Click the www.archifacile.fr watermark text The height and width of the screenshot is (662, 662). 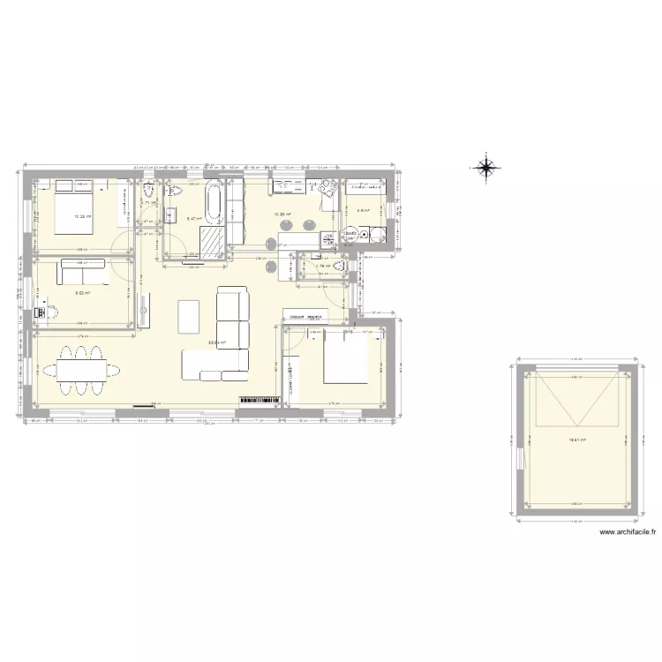point(628,532)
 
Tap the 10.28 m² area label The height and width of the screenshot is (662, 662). point(82,215)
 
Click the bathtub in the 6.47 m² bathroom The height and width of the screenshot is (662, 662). point(214,205)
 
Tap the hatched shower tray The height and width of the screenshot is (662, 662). point(211,241)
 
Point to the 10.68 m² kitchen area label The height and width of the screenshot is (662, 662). point(282,214)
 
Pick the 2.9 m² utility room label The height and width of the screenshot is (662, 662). point(362,211)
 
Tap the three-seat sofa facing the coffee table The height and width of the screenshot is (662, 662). point(234,305)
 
